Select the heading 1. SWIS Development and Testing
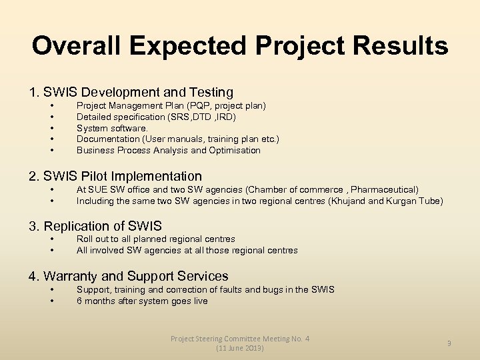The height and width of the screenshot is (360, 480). coord(131,92)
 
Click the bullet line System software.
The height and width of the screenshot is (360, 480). coord(112,128)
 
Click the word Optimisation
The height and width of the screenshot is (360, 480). coord(235,150)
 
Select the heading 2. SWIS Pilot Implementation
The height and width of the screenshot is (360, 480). coord(115,176)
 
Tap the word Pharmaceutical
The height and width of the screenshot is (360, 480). coord(386,190)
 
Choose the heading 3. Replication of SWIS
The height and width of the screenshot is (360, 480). coord(95,226)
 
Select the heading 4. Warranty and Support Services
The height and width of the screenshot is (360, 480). coord(128,276)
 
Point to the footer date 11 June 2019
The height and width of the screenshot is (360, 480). coord(240,348)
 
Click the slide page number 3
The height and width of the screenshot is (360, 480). coord(449,343)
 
